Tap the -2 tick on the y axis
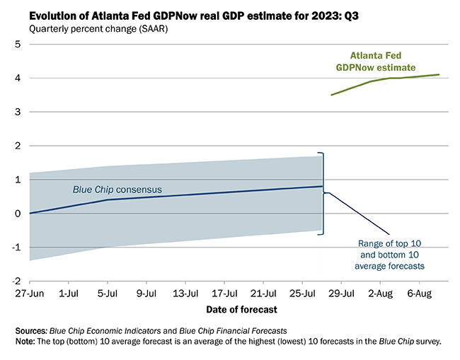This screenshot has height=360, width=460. [x=15, y=281]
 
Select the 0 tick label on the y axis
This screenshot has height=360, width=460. [x=17, y=214]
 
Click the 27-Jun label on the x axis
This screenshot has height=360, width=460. [x=29, y=292]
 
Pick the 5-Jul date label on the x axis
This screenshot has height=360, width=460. [x=108, y=292]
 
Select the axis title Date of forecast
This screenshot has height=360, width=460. [x=241, y=309]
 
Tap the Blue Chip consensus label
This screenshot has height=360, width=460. [x=117, y=190]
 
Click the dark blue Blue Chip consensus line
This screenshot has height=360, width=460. [x=212, y=194]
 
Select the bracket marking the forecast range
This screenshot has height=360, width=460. [x=323, y=192]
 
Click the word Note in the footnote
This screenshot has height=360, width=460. [x=26, y=342]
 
